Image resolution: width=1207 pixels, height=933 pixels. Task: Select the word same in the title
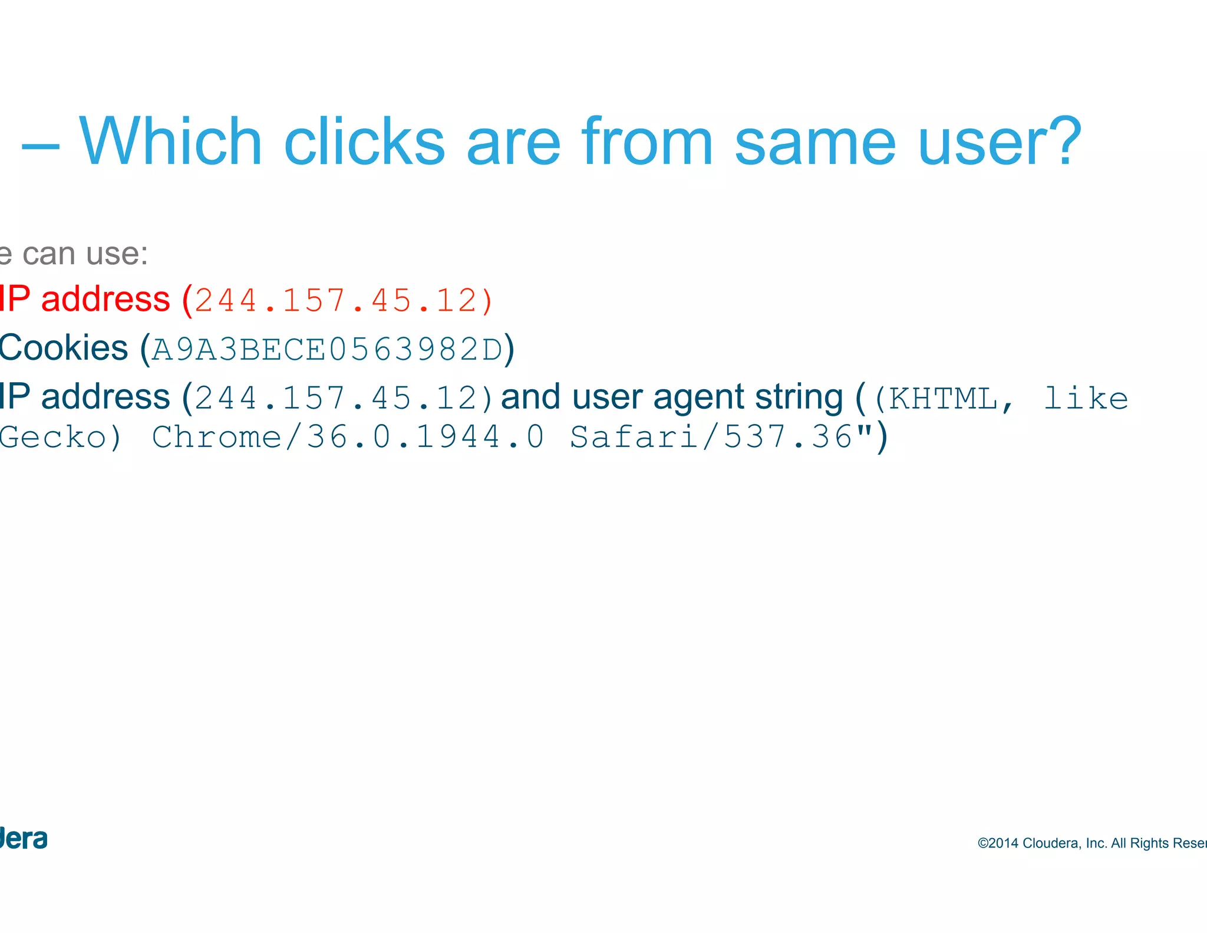[x=815, y=143]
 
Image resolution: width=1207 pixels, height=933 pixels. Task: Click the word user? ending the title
[x=1000, y=143]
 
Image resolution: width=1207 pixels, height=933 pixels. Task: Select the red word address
[x=105, y=299]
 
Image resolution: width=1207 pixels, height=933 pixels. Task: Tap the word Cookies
[x=63, y=347]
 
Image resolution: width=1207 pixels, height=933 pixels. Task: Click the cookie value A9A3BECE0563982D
[x=327, y=349]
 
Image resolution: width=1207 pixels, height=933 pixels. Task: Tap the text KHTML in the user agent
[x=943, y=399]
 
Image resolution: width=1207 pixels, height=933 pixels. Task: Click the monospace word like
[x=1086, y=399]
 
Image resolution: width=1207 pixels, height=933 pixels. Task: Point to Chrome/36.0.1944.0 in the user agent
[x=348, y=437]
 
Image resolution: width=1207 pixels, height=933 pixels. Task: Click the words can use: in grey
[x=85, y=254]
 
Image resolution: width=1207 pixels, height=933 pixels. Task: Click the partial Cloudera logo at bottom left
[x=24, y=839]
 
